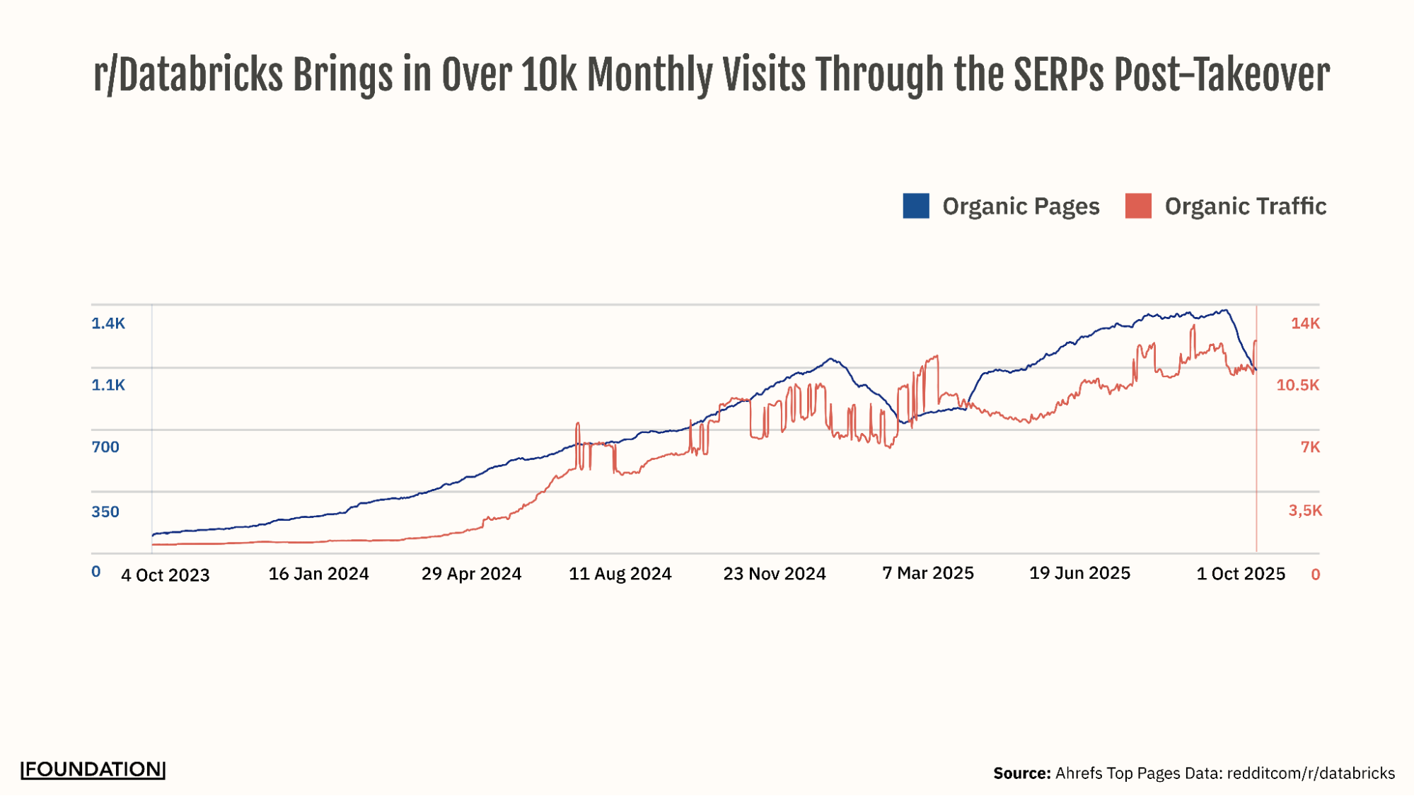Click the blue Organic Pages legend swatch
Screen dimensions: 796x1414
click(915, 206)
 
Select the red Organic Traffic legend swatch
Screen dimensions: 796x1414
click(1138, 206)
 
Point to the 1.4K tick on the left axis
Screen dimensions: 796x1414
click(108, 323)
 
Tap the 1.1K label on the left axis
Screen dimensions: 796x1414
click(108, 385)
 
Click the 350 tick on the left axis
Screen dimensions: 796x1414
click(105, 512)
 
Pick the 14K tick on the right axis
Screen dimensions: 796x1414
click(1305, 323)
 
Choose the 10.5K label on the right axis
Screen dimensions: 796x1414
click(1297, 385)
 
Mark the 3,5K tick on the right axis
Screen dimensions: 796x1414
click(1304, 510)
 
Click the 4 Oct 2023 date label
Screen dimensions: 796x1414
click(166, 575)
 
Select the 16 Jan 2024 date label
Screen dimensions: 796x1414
click(318, 574)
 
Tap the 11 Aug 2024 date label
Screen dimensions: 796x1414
click(620, 574)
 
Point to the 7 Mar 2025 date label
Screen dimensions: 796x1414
click(927, 573)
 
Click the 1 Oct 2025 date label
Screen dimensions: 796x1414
click(1240, 574)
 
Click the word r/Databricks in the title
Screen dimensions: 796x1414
click(187, 75)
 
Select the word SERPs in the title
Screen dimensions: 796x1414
click(1058, 75)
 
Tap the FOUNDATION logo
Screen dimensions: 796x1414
click(93, 770)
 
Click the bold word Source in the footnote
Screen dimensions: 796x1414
click(1021, 773)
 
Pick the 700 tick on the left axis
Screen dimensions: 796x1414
click(105, 447)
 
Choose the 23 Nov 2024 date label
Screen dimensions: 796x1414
click(774, 574)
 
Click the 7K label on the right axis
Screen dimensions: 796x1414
click(1310, 447)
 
